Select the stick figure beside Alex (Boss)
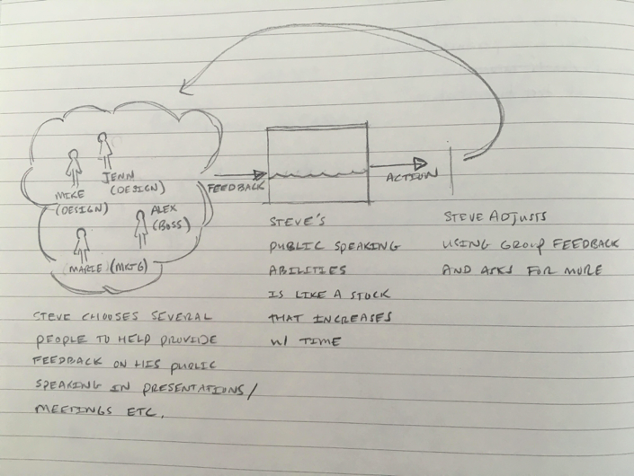[x=141, y=225]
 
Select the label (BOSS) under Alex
[x=170, y=224]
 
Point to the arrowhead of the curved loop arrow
[x=185, y=87]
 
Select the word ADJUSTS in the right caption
[x=522, y=216]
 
